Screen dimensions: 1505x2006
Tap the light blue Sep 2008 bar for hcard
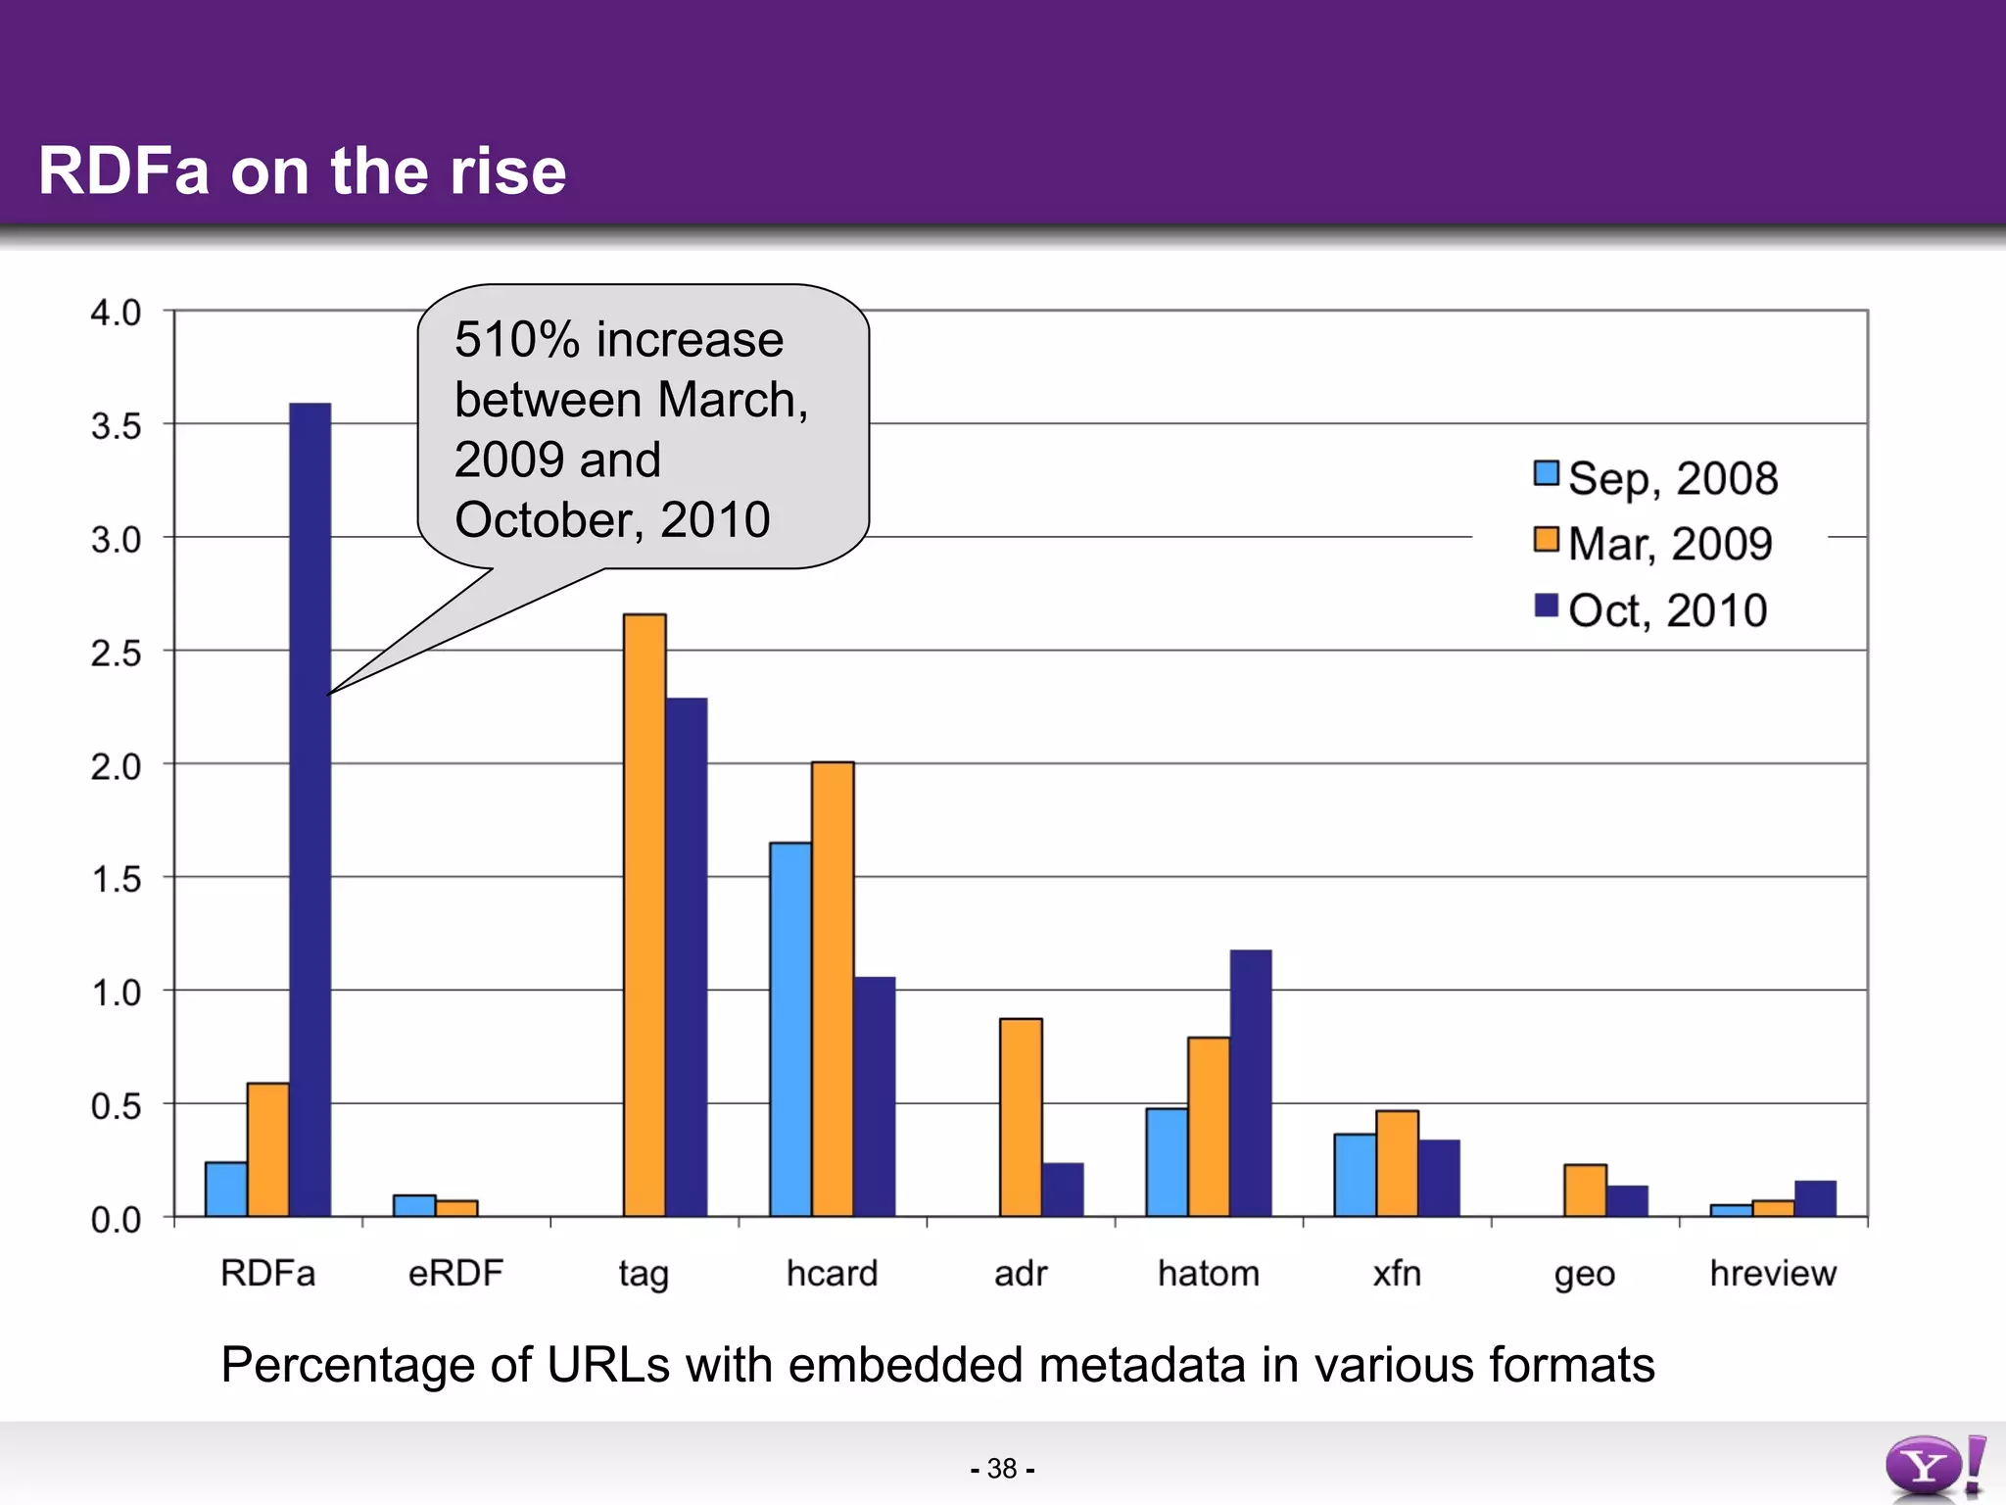(790, 1029)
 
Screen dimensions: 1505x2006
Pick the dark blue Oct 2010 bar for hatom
(1251, 1083)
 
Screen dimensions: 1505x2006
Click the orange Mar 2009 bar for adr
(1021, 1117)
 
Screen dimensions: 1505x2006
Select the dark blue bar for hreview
(1815, 1198)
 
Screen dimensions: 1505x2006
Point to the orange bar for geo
(1585, 1190)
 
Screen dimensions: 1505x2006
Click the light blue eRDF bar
(414, 1205)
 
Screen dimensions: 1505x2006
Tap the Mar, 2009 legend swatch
(1547, 540)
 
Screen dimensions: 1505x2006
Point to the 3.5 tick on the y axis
(116, 426)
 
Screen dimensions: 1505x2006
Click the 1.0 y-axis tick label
(116, 993)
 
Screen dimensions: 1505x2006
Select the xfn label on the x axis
(1396, 1273)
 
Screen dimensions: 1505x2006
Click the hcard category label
(832, 1273)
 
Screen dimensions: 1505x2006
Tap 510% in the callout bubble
(517, 340)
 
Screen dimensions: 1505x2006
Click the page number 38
(1002, 1468)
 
